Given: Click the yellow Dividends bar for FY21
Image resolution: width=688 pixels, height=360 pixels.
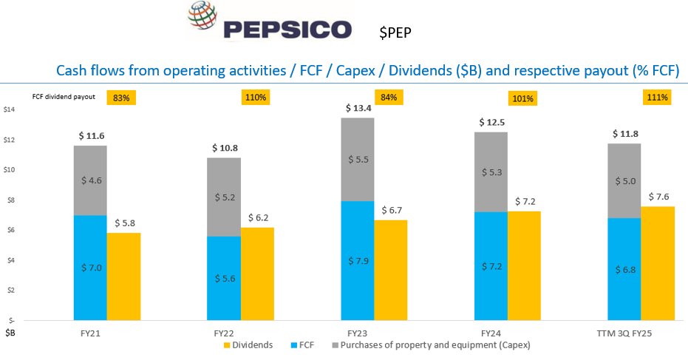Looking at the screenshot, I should click(123, 276).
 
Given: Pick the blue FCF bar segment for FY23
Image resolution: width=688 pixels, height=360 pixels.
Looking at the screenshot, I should click(358, 260).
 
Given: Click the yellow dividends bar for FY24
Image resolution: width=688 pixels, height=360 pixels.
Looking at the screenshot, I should click(524, 265).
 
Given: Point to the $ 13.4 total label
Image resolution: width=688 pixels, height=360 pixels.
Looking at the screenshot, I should click(358, 109).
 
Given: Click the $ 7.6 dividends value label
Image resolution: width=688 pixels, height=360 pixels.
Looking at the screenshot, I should click(658, 197).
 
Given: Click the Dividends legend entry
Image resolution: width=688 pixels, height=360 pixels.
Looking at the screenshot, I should click(248, 345).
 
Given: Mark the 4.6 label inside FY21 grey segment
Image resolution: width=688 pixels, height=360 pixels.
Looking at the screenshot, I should click(89, 180).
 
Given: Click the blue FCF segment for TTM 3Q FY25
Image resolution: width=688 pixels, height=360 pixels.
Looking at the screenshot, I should click(624, 269).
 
